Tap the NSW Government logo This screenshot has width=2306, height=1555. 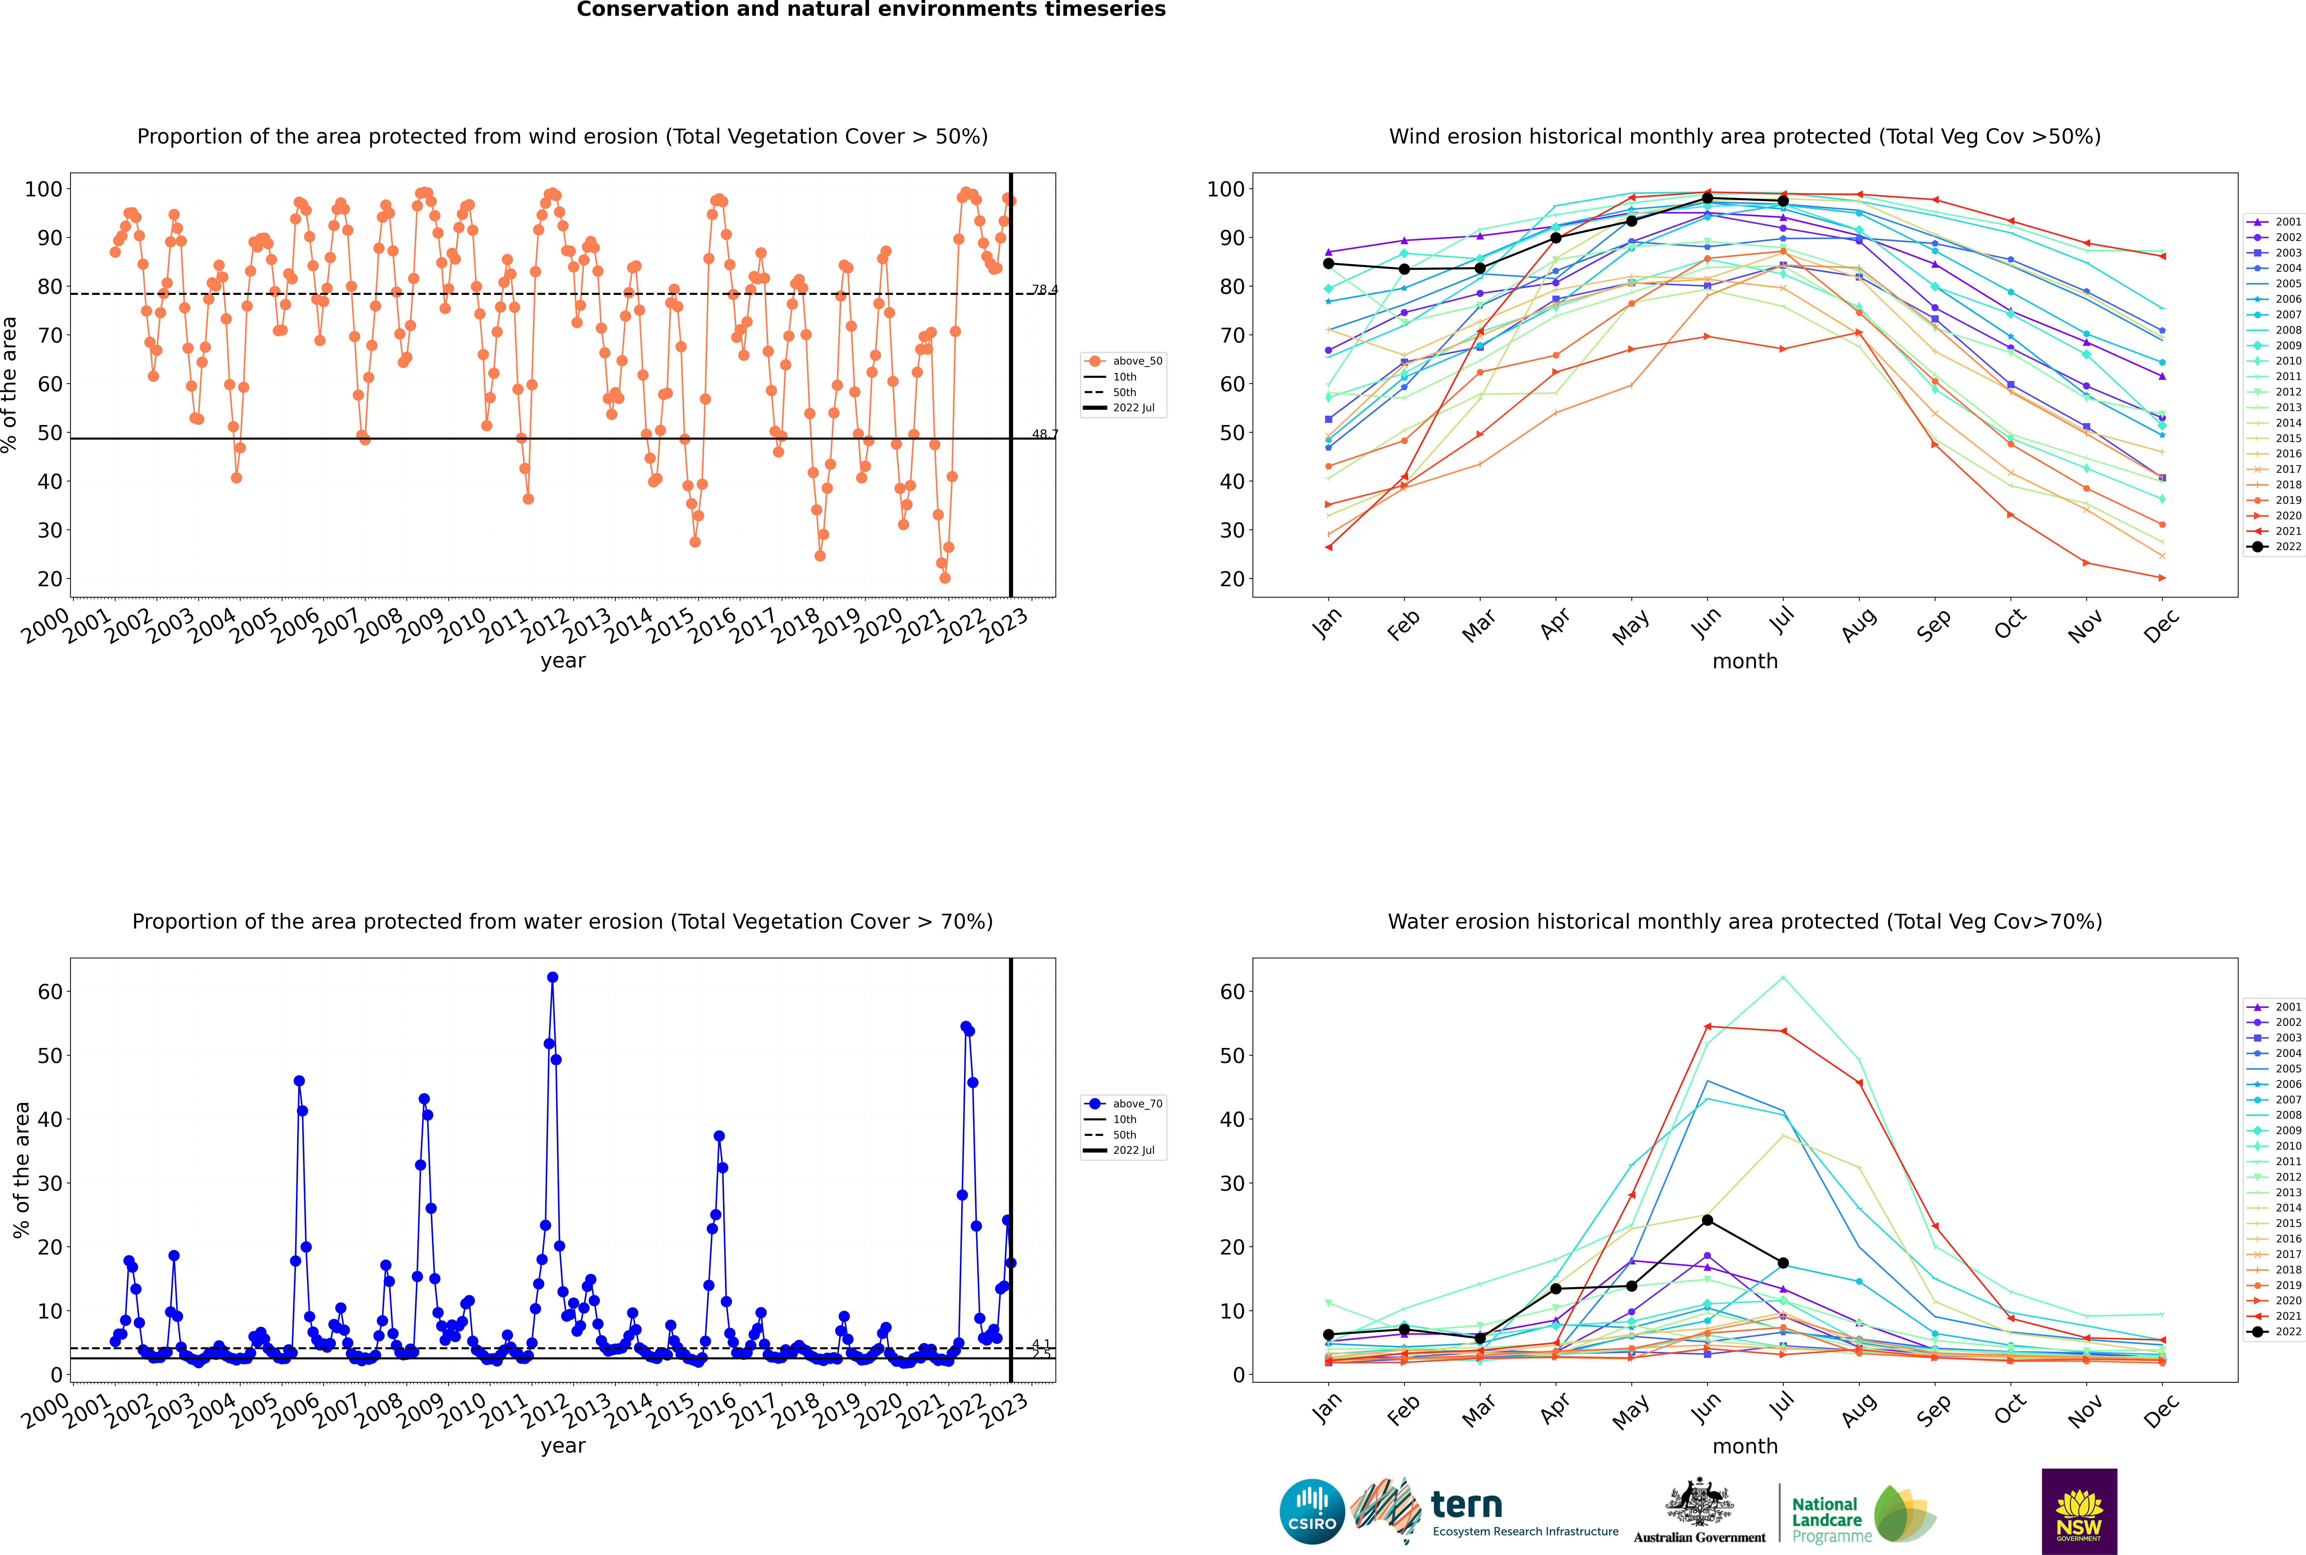(x=2079, y=1510)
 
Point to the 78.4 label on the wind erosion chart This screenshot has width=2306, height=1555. (x=1045, y=290)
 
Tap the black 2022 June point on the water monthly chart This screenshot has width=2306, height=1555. (x=1707, y=1220)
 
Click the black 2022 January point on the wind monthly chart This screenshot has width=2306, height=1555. (x=1329, y=264)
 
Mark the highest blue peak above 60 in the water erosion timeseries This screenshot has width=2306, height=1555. (x=552, y=977)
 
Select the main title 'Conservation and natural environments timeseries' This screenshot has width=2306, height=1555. (x=871, y=10)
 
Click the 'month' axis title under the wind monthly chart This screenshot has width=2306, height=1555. (x=1745, y=662)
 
